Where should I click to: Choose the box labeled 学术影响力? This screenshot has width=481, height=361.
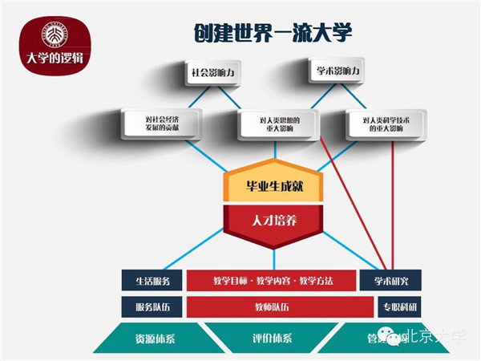333,71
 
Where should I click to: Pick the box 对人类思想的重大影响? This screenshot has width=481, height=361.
274,123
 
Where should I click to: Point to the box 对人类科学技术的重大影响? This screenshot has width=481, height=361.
384,123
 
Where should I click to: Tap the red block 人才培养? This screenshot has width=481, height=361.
274,219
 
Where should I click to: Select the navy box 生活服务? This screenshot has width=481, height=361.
151,281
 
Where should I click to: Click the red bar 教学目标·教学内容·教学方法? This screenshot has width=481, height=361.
272,281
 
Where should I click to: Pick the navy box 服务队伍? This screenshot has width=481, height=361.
151,306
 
